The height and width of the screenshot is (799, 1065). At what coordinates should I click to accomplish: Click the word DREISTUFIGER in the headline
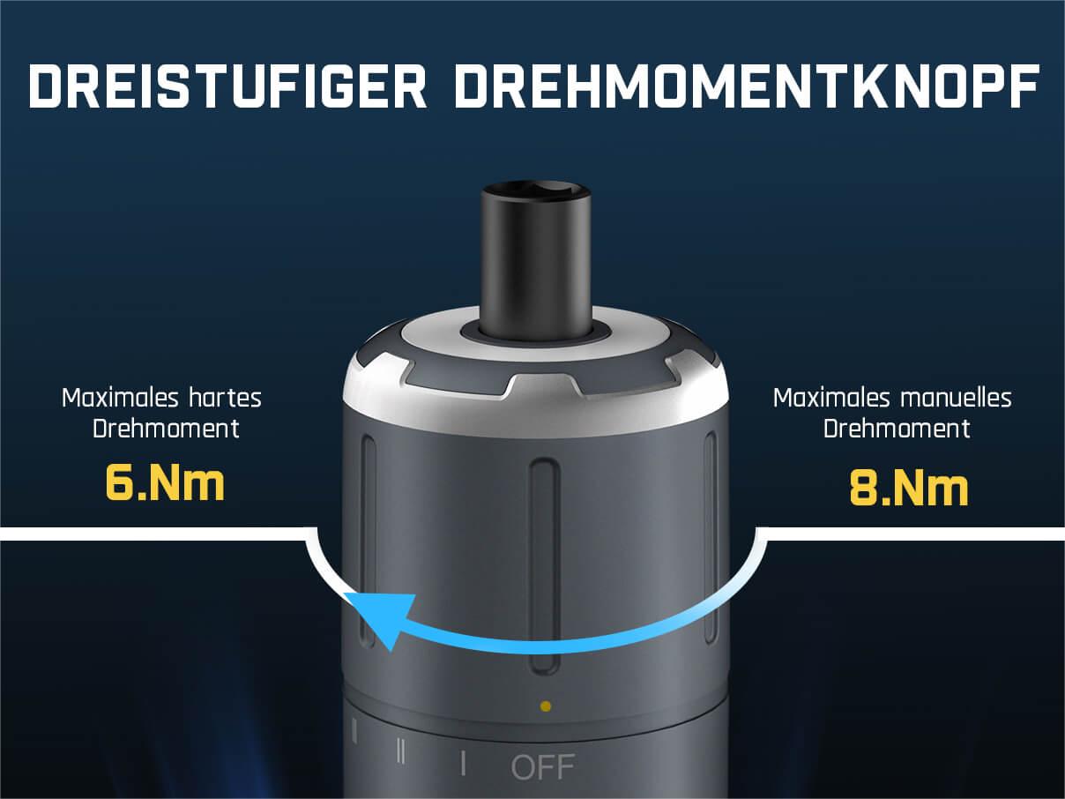tap(228, 86)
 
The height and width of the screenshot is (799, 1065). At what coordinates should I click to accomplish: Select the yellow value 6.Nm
tap(165, 483)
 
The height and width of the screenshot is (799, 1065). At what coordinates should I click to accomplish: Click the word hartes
tap(225, 399)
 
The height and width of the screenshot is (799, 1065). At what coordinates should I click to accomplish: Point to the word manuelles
tap(956, 399)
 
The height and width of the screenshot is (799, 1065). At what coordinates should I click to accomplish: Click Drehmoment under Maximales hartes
tap(166, 429)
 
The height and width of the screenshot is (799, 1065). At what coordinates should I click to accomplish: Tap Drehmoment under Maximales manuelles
tap(897, 429)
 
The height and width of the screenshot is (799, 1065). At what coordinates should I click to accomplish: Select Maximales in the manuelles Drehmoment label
tap(831, 399)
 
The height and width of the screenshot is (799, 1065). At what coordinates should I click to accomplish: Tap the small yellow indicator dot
tap(546, 706)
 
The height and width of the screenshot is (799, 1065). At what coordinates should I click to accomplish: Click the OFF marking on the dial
tap(542, 767)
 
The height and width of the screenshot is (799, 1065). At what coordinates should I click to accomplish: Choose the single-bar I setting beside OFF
tap(464, 764)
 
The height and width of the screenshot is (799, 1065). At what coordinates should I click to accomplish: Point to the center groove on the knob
tap(544, 565)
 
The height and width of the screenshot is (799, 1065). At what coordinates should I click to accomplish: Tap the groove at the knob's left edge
tap(369, 541)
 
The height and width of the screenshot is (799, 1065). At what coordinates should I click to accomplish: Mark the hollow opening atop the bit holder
tap(536, 188)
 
